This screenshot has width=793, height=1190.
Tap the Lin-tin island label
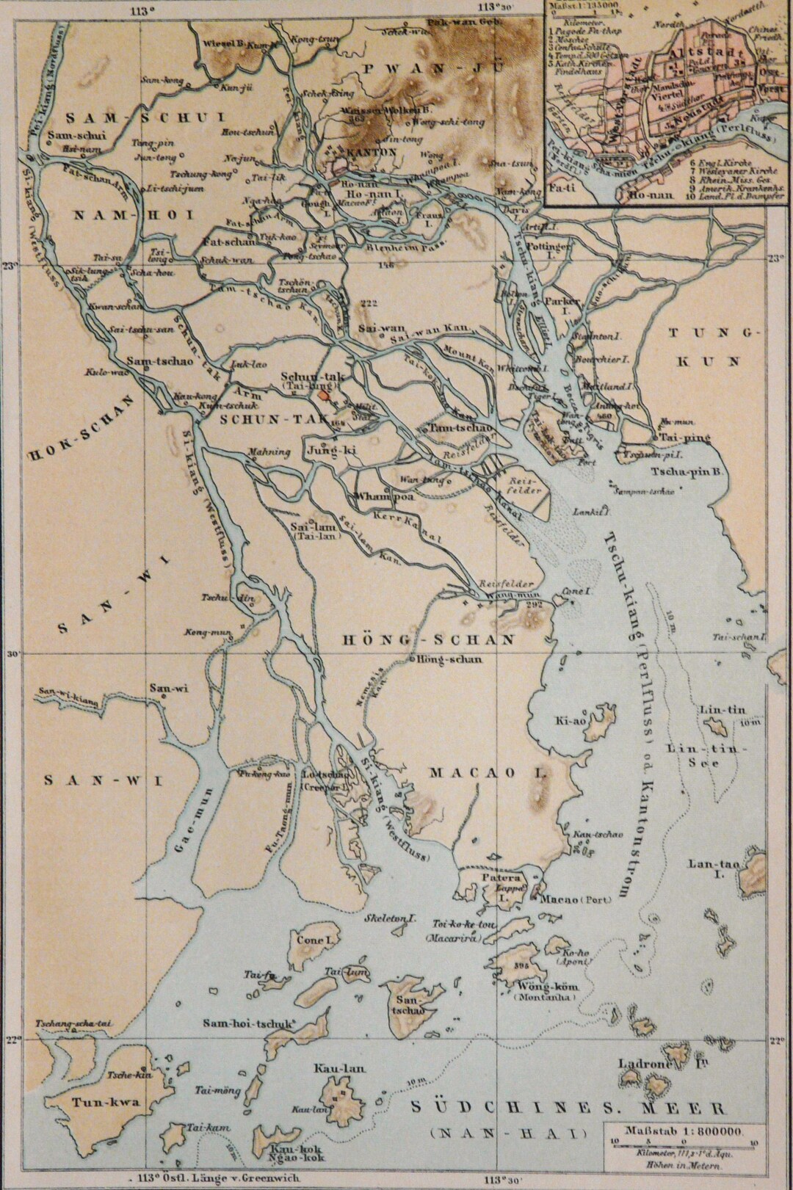point(712,711)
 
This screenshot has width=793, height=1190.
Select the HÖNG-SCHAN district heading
point(429,640)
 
